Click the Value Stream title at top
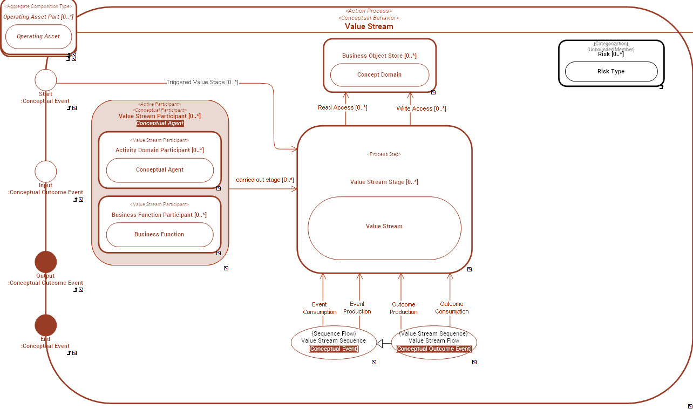click(x=369, y=26)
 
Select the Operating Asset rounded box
click(x=38, y=36)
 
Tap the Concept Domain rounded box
click(x=379, y=75)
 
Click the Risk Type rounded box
click(x=611, y=71)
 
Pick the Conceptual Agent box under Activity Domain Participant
click(x=160, y=170)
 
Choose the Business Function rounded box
click(x=160, y=235)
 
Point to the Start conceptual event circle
click(x=46, y=80)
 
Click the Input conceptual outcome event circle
click(x=46, y=172)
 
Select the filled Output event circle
click(x=46, y=262)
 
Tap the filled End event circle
click(x=46, y=325)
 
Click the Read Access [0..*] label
click(x=342, y=108)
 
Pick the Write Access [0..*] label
click(x=421, y=109)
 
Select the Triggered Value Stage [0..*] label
click(x=202, y=83)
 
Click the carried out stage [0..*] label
click(x=264, y=180)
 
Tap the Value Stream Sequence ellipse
click(x=334, y=342)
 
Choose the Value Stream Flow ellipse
click(x=434, y=342)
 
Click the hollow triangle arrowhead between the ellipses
click(x=380, y=343)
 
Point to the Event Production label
click(x=357, y=308)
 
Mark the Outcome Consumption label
click(x=452, y=308)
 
